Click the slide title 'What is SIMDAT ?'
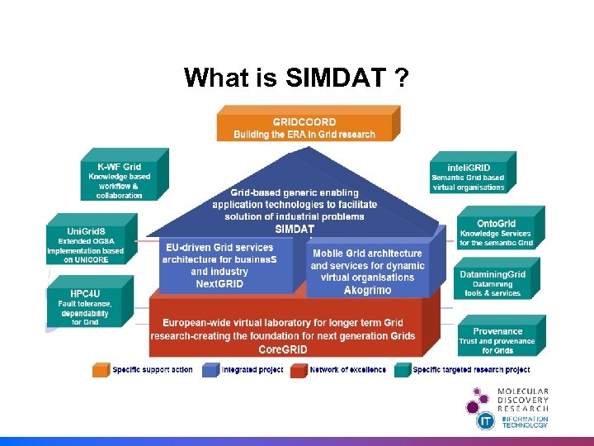click(x=296, y=78)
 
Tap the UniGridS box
click(x=86, y=239)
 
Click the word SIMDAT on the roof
click(x=295, y=229)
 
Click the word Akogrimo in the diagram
click(x=367, y=290)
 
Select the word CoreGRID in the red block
click(x=283, y=349)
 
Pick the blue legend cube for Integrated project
click(x=210, y=369)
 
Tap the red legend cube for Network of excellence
click(x=298, y=369)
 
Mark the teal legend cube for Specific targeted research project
click(x=402, y=369)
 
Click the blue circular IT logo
click(x=486, y=420)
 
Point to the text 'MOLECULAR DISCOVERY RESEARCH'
click(x=522, y=401)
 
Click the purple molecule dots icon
click(x=476, y=401)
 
